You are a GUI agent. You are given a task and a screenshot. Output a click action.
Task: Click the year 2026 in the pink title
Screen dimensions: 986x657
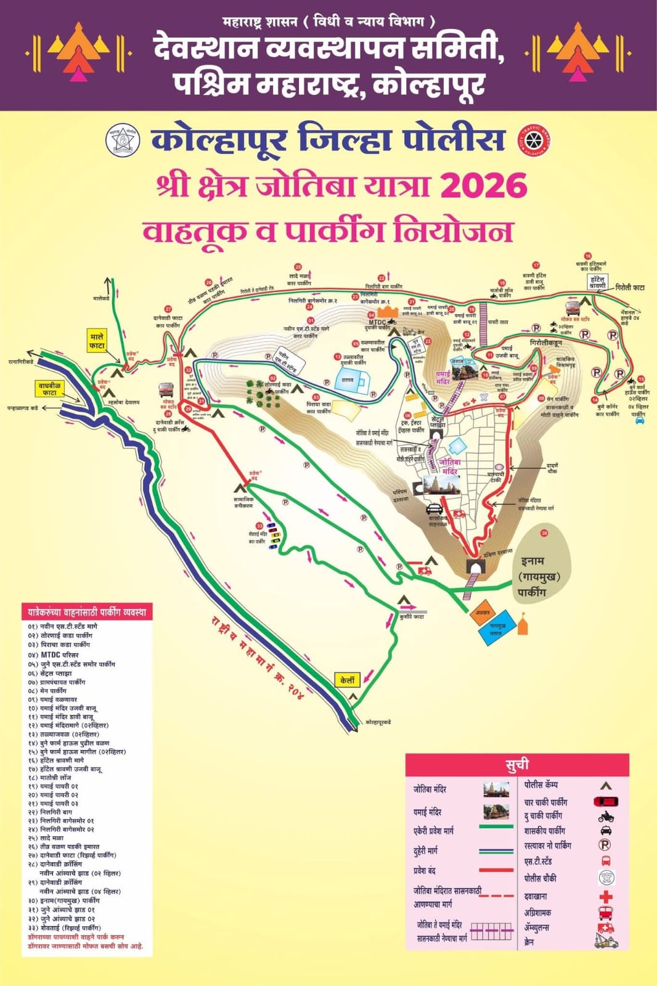pos(484,185)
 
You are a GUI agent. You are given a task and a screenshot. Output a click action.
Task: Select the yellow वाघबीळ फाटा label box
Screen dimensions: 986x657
pos(49,389)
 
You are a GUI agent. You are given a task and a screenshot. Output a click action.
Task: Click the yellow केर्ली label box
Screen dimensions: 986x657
pos(348,680)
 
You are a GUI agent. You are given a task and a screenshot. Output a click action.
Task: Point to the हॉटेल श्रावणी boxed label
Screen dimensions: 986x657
pos(597,282)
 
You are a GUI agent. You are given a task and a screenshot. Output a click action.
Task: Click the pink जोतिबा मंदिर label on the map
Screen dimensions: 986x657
pos(450,467)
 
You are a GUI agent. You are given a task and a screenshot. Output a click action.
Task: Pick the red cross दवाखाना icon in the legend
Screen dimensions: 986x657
pos(606,897)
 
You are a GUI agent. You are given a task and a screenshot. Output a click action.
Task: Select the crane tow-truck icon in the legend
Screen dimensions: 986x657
pos(606,941)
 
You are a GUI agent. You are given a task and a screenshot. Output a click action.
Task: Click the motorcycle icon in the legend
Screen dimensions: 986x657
pos(606,817)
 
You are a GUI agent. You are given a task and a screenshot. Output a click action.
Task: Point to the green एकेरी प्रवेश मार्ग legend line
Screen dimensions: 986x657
pos(496,826)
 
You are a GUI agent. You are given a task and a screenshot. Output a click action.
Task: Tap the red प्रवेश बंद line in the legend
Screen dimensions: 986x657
pos(496,870)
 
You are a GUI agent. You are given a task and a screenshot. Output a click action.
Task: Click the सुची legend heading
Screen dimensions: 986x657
pos(517,765)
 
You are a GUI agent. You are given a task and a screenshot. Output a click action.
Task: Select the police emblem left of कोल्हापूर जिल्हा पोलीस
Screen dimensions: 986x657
pos(123,141)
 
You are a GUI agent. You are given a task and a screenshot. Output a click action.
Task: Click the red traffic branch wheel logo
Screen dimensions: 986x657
pos(534,140)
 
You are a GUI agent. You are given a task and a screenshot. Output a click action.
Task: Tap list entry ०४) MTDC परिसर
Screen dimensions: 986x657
pos(54,654)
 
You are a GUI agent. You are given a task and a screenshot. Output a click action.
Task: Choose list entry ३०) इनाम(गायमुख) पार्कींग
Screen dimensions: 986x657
pos(63,900)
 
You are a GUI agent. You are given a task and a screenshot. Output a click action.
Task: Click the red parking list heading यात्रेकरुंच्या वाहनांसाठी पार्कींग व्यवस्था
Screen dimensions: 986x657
pos(87,612)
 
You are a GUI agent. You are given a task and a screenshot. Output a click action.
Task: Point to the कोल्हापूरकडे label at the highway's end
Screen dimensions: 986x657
pos(378,722)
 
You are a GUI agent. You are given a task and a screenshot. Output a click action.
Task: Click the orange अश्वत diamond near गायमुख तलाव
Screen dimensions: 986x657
pos(483,613)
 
